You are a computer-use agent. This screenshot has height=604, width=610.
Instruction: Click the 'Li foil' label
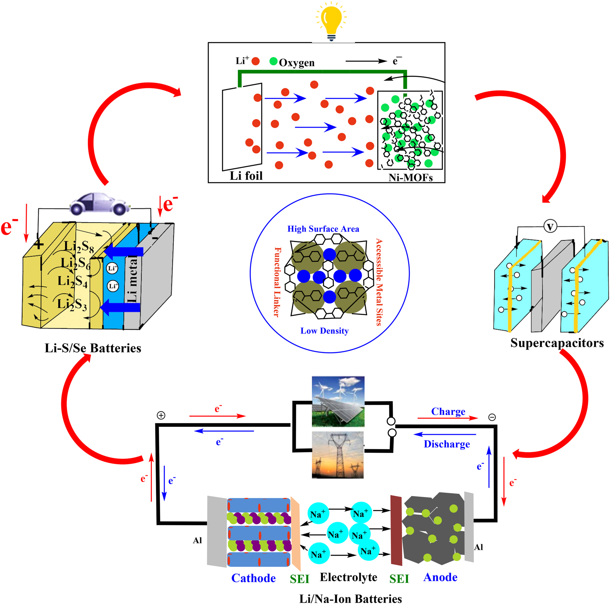tap(246, 176)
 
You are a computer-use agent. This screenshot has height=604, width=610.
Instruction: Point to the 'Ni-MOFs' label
tap(411, 177)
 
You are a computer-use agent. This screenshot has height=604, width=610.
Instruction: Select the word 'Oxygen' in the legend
tap(297, 63)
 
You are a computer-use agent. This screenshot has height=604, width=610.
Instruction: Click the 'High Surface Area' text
tap(323, 229)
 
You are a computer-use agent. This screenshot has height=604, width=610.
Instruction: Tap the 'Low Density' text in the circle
tap(324, 331)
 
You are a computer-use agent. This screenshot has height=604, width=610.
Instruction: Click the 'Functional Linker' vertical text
tap(278, 282)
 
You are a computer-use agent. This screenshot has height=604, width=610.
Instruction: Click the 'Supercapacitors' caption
tap(557, 343)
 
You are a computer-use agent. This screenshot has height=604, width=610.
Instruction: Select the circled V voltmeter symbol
tap(550, 226)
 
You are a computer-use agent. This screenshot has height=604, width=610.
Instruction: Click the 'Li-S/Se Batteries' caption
tap(93, 348)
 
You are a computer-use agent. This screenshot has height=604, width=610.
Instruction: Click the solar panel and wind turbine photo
tap(338, 401)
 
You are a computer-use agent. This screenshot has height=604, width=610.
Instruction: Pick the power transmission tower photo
tap(338, 455)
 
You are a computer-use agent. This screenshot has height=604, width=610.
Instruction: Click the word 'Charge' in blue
tap(448, 411)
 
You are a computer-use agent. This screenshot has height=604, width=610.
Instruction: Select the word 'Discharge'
tap(447, 444)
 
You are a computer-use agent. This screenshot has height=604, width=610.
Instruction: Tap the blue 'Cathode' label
tap(253, 578)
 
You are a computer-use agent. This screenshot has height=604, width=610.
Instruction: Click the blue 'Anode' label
tap(440, 577)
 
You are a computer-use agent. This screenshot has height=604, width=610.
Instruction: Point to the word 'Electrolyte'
tap(348, 577)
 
